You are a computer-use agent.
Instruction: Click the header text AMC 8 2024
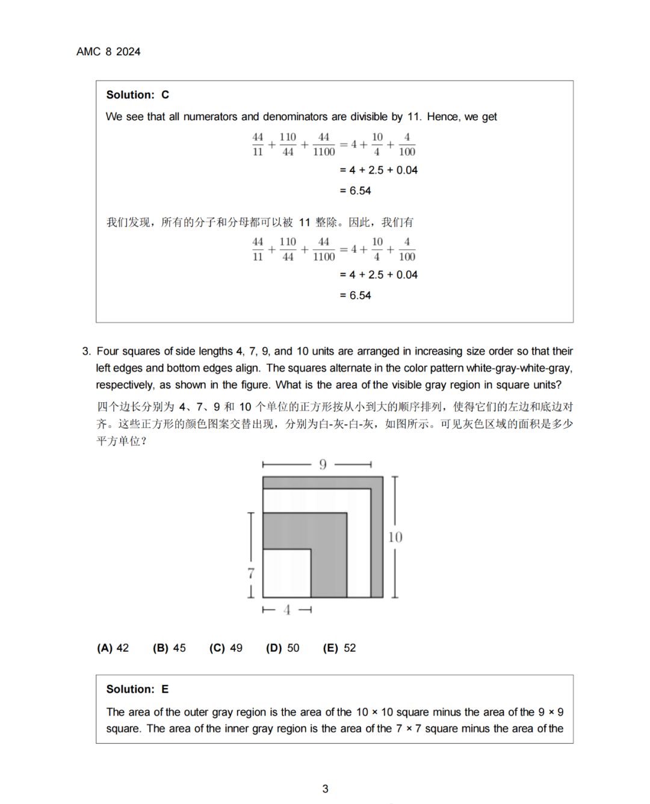(108, 52)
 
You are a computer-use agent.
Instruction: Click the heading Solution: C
(138, 95)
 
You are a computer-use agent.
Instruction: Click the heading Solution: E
(138, 689)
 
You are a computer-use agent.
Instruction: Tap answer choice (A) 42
(113, 648)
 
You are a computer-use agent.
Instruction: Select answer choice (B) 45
(169, 648)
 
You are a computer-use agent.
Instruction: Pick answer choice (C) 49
(226, 648)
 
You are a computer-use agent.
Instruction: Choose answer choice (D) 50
(282, 648)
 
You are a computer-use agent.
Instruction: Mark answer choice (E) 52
(339, 648)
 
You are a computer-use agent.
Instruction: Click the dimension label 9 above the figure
(323, 464)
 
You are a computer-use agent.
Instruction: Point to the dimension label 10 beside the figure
(395, 537)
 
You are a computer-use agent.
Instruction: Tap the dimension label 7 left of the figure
(251, 573)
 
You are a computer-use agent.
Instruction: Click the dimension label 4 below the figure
(287, 610)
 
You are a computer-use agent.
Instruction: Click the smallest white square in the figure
(286, 572)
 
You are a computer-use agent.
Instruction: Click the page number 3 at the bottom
(325, 788)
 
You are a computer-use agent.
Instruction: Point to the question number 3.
(86, 351)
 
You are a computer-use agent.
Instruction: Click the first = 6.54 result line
(356, 191)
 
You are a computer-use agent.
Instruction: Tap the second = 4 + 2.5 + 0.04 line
(379, 275)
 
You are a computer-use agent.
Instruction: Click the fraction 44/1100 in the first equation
(324, 144)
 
